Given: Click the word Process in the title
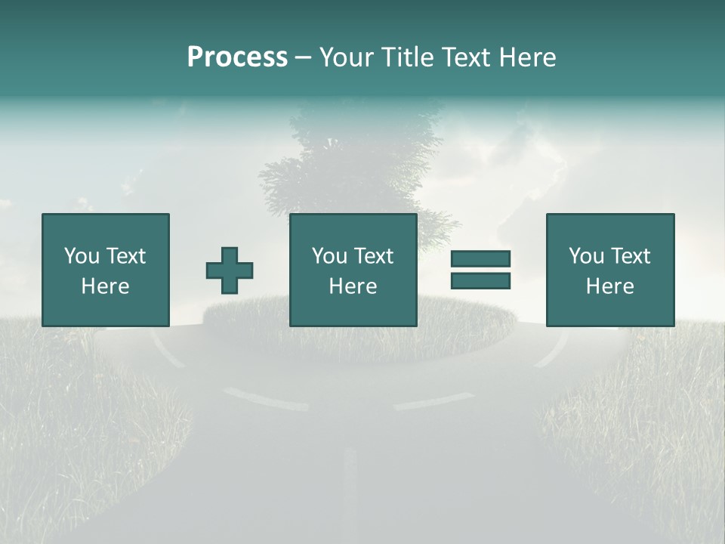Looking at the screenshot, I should [x=237, y=57].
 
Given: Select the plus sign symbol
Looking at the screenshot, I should [x=230, y=270].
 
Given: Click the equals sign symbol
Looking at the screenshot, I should [x=480, y=270].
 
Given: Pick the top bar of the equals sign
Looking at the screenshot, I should [x=480, y=259].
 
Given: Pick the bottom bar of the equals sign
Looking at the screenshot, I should [x=480, y=281].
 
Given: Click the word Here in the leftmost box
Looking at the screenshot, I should [x=105, y=286].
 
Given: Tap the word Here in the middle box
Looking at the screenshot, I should [x=353, y=286].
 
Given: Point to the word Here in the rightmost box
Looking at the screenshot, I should [x=609, y=286].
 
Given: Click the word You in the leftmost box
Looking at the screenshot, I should [x=82, y=256].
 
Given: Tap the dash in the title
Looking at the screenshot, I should [x=304, y=57].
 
